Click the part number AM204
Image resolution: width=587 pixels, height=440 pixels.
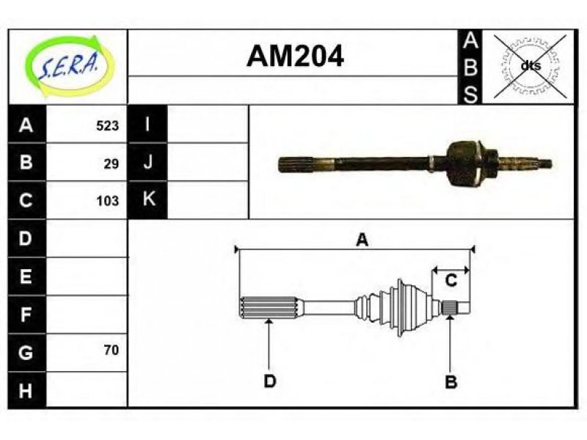(x=295, y=56)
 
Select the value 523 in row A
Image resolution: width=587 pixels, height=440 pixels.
(x=107, y=125)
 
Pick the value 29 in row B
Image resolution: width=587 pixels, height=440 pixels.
(x=112, y=164)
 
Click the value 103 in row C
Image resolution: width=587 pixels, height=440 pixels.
(x=107, y=201)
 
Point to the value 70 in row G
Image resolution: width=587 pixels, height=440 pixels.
(x=112, y=351)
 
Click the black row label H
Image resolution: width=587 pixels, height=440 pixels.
(x=26, y=390)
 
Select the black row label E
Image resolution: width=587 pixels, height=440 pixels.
(x=26, y=276)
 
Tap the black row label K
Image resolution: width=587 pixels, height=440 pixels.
(x=148, y=199)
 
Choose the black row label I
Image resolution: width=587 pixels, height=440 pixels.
(x=148, y=124)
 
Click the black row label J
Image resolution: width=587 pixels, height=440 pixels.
(x=148, y=162)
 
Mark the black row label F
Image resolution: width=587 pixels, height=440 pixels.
(x=26, y=315)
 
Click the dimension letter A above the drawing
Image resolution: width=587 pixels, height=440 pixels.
(x=362, y=240)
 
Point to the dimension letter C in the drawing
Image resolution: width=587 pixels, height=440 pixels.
(x=451, y=280)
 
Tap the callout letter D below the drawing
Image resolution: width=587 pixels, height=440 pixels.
(x=269, y=381)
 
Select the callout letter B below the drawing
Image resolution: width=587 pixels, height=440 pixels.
(x=451, y=382)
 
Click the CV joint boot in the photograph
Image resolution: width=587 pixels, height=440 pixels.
(x=464, y=164)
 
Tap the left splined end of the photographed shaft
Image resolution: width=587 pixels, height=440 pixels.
(x=296, y=164)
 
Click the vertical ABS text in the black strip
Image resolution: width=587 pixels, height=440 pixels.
(x=470, y=67)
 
